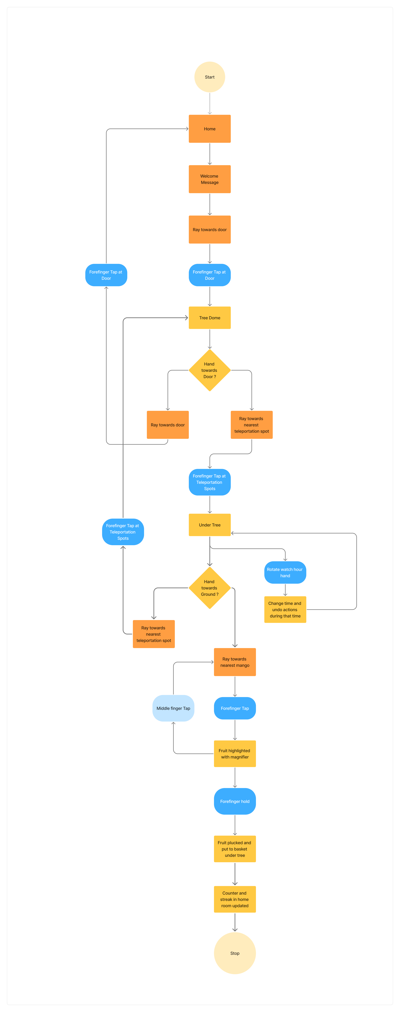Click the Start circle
coord(210,77)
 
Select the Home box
coord(210,129)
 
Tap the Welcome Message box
coord(210,179)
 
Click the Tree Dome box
coord(210,318)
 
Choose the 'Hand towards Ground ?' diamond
coord(210,588)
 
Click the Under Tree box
coord(210,525)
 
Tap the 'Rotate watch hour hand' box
coord(285,572)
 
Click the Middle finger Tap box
coord(173,708)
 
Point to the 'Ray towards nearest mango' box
coord(235,662)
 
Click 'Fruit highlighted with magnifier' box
coord(235,754)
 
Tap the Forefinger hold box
coord(235,801)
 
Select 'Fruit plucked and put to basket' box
coord(235,849)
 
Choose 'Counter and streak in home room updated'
coord(235,899)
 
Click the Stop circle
coord(235,953)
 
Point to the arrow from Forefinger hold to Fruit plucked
coord(235,825)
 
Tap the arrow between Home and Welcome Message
coord(210,154)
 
